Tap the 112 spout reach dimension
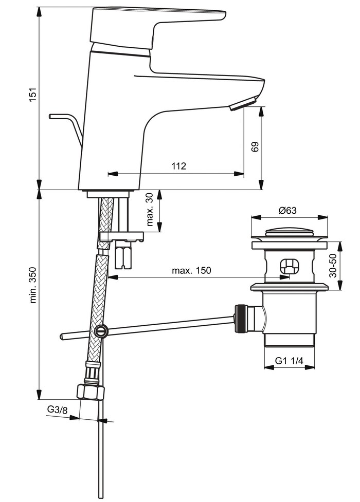178,166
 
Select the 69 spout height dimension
255,146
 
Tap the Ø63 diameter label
288,210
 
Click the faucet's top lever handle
154,26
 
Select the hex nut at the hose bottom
90,392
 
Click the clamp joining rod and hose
101,330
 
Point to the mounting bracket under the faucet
121,237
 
